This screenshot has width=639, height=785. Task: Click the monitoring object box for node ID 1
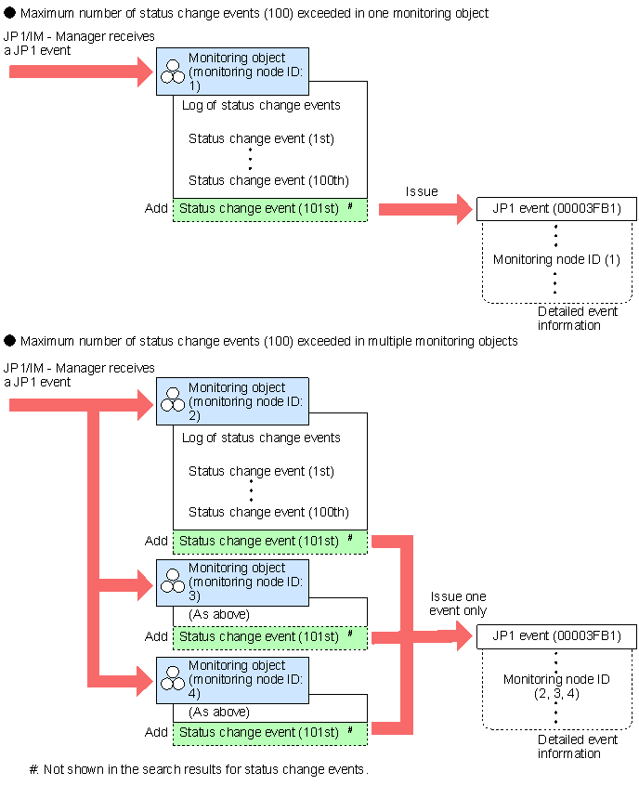click(x=232, y=72)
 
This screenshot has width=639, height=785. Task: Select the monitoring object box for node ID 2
click(x=232, y=401)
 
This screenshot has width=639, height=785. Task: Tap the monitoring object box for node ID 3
click(x=232, y=582)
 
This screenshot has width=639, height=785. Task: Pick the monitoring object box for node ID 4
click(x=232, y=680)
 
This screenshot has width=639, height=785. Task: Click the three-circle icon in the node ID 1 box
click(x=173, y=72)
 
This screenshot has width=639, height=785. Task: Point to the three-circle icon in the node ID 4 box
click(x=173, y=678)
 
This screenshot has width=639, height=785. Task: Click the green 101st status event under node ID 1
click(x=270, y=209)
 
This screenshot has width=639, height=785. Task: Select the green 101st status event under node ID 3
click(x=270, y=638)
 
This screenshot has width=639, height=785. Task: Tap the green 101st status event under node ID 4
click(x=270, y=733)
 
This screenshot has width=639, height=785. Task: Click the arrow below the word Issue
click(x=425, y=209)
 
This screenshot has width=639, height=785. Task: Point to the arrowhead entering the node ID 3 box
click(x=145, y=584)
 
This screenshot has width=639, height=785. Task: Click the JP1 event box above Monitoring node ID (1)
click(x=556, y=209)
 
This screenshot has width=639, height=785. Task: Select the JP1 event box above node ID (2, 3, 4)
click(x=556, y=636)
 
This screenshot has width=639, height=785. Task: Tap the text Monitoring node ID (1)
click(x=556, y=259)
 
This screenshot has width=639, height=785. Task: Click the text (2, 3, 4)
click(x=556, y=694)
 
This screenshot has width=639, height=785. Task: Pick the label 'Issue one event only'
click(x=458, y=603)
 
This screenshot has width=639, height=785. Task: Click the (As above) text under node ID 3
click(x=218, y=614)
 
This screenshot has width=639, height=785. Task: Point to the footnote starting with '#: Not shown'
click(x=199, y=769)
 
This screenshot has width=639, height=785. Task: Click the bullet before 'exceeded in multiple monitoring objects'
click(x=10, y=340)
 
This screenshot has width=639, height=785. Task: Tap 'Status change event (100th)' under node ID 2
click(x=268, y=512)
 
